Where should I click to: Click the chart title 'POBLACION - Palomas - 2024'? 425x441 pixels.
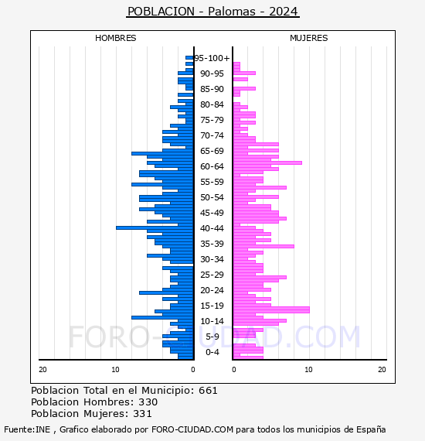(x=212, y=12)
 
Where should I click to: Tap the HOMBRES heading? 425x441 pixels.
(x=115, y=38)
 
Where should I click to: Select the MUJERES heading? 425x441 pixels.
(x=309, y=38)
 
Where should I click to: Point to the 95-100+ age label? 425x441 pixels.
(x=212, y=58)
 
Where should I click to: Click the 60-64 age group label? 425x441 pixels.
(x=212, y=166)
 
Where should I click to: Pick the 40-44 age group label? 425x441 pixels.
(x=212, y=228)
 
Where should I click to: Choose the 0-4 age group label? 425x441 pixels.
(x=212, y=352)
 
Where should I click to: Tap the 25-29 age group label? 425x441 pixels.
(x=212, y=275)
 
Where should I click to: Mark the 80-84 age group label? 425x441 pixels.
(x=212, y=104)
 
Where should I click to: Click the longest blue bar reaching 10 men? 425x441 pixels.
(x=155, y=227)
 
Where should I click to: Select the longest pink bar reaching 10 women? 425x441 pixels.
(x=271, y=309)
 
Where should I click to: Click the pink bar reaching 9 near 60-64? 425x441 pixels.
(x=267, y=162)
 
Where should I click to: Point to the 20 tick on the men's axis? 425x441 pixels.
(x=42, y=370)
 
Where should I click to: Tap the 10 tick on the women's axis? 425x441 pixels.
(x=308, y=370)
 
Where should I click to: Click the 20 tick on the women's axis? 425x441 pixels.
(x=382, y=370)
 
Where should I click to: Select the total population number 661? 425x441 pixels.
(x=208, y=391)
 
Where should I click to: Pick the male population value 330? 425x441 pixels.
(x=148, y=402)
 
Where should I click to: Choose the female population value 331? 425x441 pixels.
(x=142, y=414)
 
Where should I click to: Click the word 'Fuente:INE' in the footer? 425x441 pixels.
(x=27, y=429)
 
